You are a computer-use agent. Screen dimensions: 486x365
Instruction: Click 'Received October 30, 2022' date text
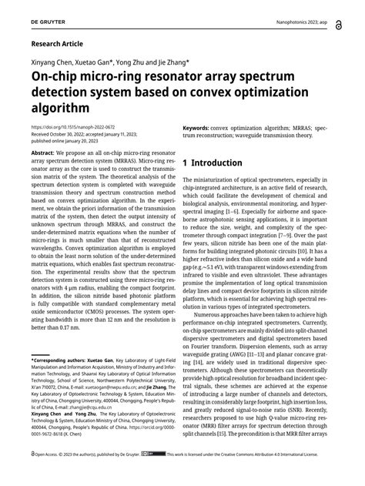65,135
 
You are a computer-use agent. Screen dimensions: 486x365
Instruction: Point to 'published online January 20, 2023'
73,142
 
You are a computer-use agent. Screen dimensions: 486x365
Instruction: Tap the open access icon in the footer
33,475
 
